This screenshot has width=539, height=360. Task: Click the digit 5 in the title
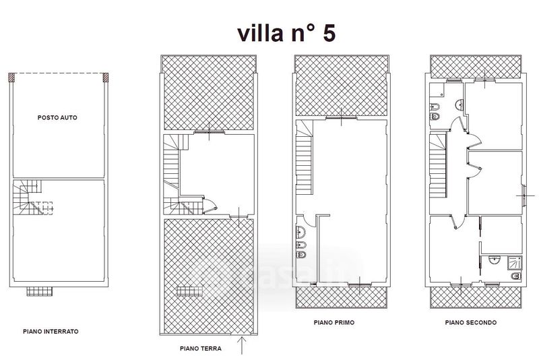click(x=329, y=33)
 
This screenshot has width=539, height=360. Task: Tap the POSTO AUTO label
click(x=57, y=117)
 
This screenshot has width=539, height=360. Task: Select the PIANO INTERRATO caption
click(x=51, y=332)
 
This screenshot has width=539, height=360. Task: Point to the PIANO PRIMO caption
click(x=334, y=322)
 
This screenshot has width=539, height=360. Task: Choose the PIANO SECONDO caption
click(x=470, y=322)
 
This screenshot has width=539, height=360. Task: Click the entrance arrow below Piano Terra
click(x=242, y=345)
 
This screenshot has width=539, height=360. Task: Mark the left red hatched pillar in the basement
click(x=11, y=77)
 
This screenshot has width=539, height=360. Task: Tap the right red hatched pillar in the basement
click(x=106, y=77)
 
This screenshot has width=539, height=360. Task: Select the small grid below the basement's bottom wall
click(x=40, y=292)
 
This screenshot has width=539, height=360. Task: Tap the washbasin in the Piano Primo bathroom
click(x=300, y=232)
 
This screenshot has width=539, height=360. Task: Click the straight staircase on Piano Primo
click(x=305, y=157)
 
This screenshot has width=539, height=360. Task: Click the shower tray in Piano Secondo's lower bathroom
click(x=515, y=263)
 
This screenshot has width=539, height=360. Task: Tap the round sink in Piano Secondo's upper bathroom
click(x=460, y=104)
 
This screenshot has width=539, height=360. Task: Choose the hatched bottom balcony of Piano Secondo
click(x=476, y=297)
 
